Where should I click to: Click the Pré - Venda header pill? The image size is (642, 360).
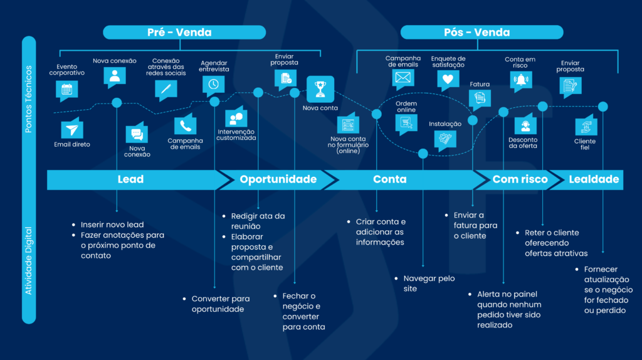pos(179,32)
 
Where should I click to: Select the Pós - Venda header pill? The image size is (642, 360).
pos(481,32)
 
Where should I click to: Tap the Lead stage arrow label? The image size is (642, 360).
pos(130,179)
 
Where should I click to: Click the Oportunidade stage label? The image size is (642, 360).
pos(278,179)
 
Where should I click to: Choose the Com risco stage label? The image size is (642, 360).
pos(520,179)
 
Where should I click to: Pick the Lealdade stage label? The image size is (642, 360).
pos(594,179)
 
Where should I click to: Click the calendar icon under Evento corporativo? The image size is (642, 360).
pos(66,89)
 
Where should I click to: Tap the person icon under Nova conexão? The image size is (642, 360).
pos(114,76)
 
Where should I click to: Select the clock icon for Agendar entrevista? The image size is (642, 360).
pos(214,84)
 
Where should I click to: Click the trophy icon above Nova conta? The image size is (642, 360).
pos(320,88)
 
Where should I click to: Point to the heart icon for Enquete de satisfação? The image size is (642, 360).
pos(447,80)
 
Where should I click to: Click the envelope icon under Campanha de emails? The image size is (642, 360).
pos(403,78)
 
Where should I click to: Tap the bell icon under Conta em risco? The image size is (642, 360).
pos(520,80)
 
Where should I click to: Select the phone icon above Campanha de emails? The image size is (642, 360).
pos(185,125)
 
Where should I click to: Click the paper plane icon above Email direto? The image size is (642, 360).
pos(72,129)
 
